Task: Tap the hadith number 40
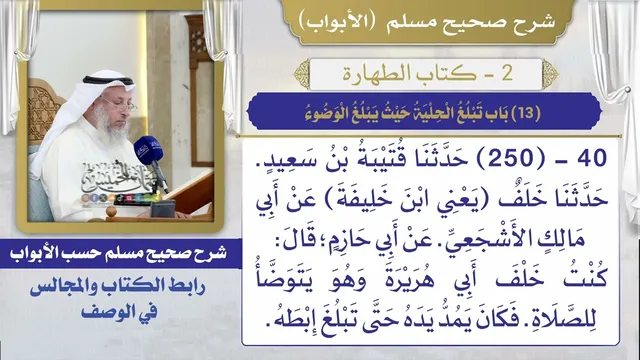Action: [x=592, y=158]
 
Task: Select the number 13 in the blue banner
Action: [x=526, y=113]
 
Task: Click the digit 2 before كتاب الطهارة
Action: [x=507, y=73]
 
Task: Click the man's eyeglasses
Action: [x=120, y=106]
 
